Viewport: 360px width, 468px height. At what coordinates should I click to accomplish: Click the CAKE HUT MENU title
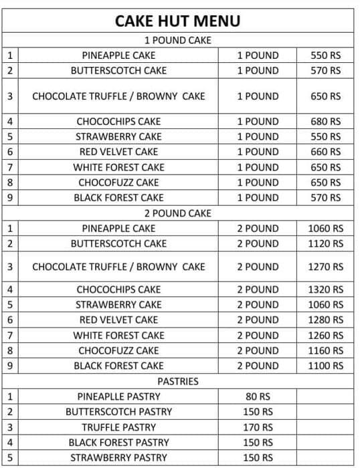[178, 21]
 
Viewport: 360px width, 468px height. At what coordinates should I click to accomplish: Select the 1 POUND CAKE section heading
[178, 40]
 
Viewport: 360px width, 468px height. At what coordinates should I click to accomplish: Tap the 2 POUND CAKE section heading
[178, 213]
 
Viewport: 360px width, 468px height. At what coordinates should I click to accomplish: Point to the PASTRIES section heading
[178, 381]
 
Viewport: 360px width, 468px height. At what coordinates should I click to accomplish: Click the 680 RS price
[326, 122]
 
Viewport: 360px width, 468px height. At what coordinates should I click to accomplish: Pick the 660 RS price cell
[326, 152]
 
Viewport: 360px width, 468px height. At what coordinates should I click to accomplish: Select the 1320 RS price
[326, 289]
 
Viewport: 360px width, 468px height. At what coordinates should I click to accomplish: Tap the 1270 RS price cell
[326, 267]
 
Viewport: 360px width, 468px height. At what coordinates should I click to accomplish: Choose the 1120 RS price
[326, 243]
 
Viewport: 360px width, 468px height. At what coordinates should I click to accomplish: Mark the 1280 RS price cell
[326, 320]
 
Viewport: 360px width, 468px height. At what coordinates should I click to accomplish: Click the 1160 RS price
[326, 350]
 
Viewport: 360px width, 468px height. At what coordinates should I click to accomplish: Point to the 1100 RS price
[326, 366]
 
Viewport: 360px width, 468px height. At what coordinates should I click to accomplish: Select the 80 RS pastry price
[258, 396]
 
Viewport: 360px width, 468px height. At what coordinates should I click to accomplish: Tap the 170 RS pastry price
[258, 427]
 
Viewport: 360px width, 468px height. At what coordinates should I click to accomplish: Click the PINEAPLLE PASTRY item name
[118, 396]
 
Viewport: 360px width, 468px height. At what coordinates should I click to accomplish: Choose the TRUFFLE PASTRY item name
[118, 427]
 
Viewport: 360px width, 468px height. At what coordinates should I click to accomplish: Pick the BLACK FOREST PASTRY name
[118, 443]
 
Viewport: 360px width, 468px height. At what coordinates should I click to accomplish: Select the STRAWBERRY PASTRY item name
[118, 458]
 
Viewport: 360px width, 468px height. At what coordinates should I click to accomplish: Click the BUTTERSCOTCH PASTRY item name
[118, 412]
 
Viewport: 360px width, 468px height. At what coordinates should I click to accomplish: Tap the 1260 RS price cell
[326, 335]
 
